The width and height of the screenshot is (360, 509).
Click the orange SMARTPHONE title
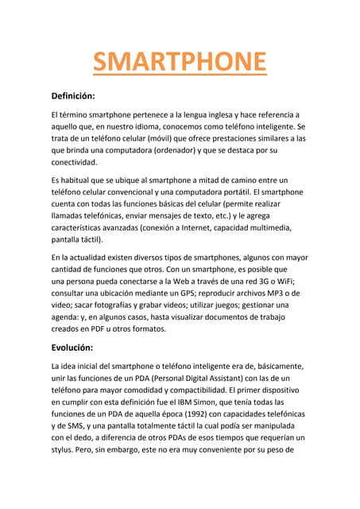180,61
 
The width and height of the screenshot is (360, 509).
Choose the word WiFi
281,281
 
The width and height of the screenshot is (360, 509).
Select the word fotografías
118,305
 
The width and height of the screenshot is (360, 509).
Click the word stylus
65,449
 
